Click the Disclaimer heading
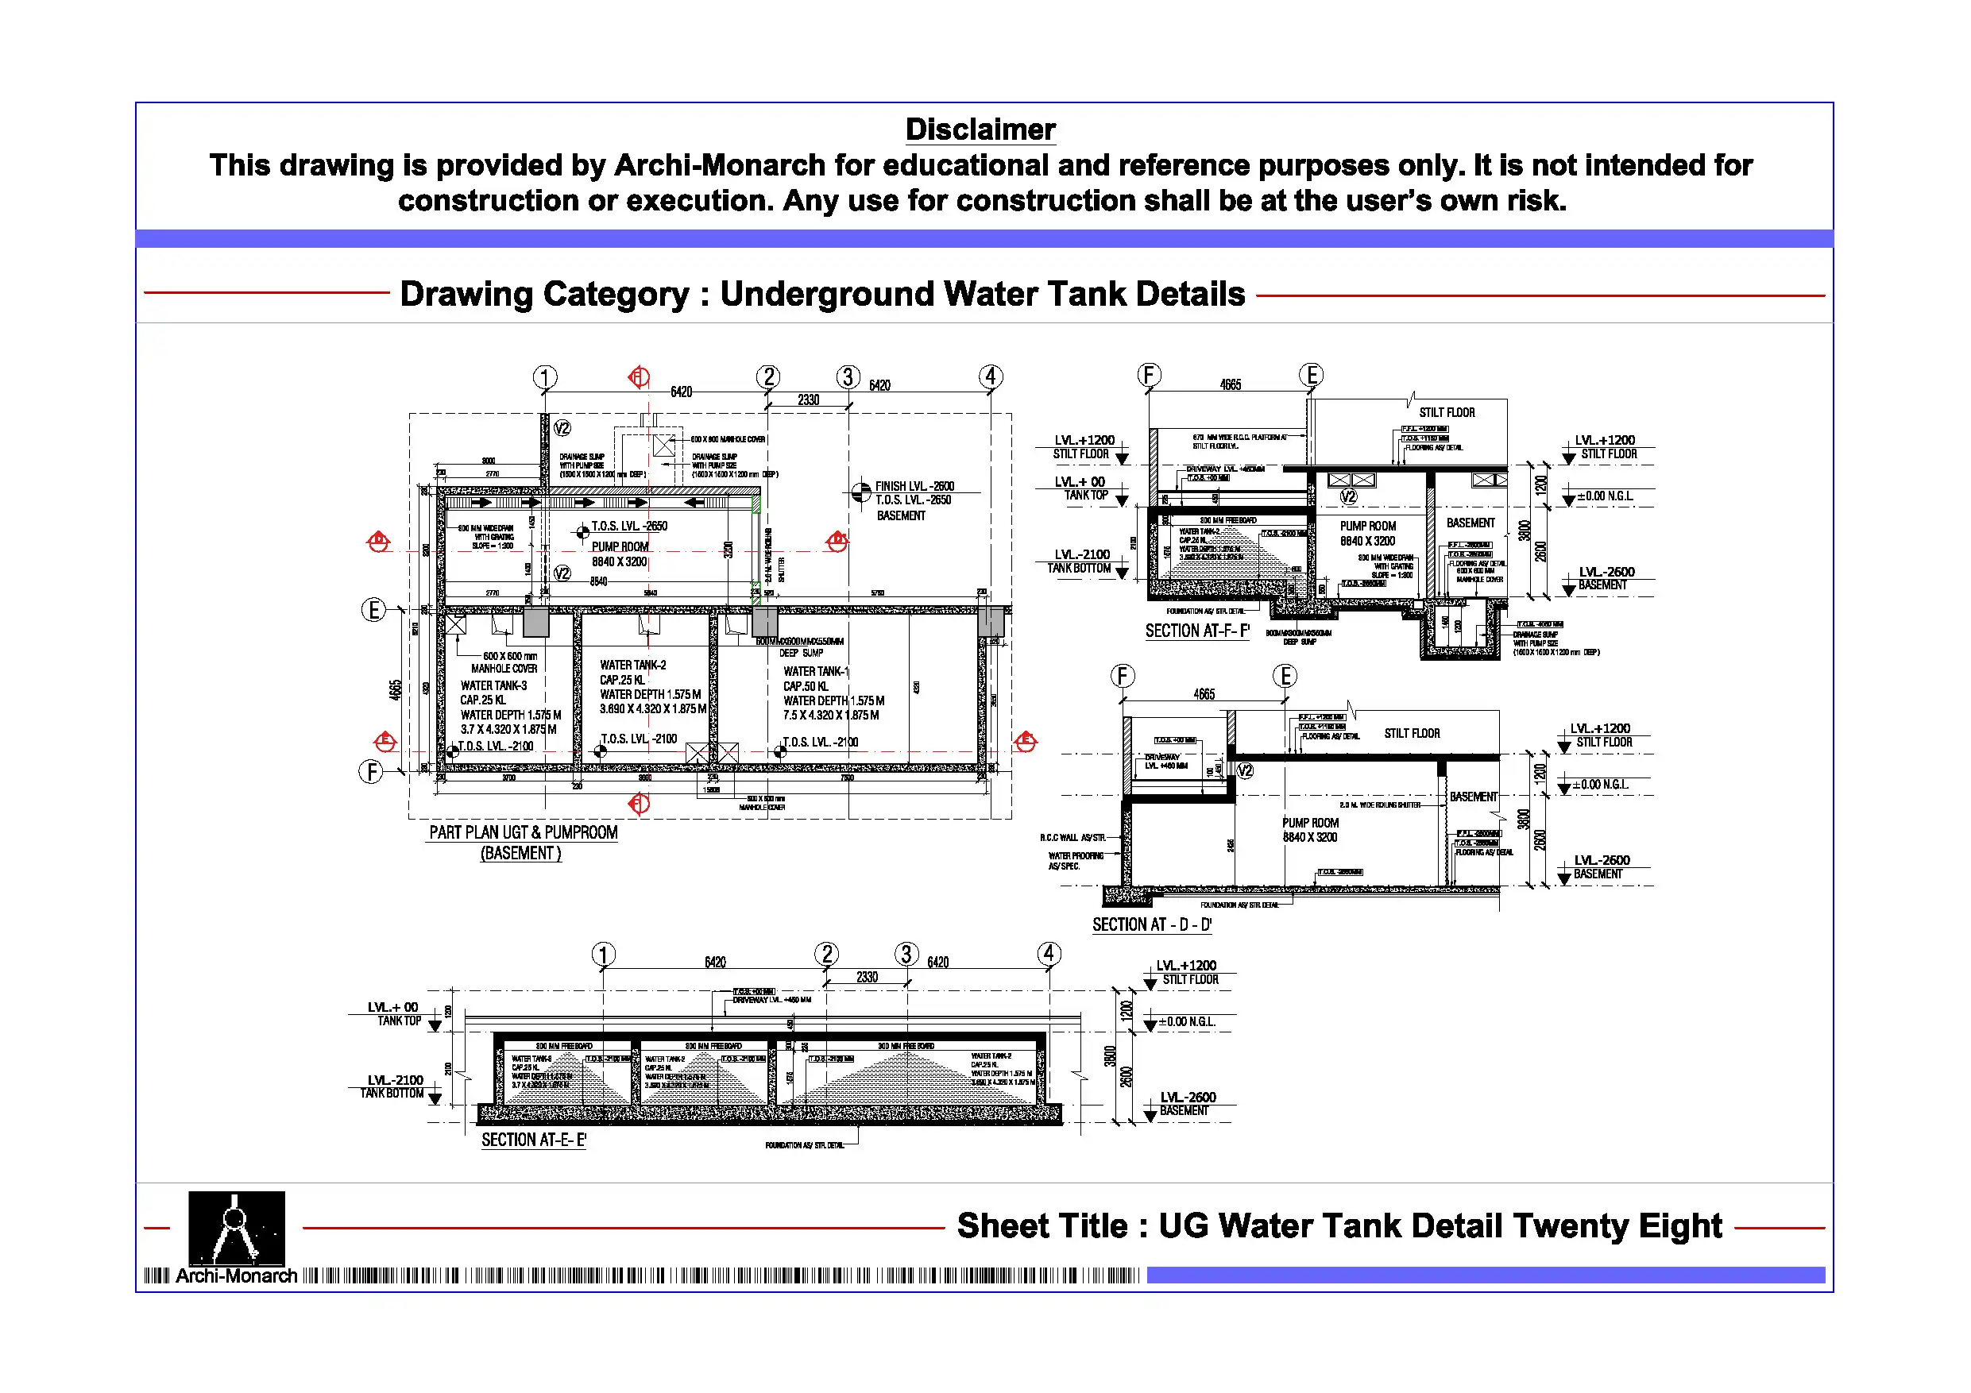point(980,129)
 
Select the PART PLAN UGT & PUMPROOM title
point(523,832)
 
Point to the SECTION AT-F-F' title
point(1196,631)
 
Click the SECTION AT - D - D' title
point(1151,924)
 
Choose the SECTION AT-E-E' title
point(533,1140)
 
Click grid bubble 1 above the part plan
point(545,376)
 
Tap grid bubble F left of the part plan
point(370,772)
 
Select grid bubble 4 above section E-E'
point(1048,954)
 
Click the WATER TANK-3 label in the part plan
point(493,685)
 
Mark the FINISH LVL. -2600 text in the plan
point(914,486)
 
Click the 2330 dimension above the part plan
point(808,400)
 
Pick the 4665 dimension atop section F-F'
point(1230,384)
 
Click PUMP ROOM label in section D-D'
point(1310,823)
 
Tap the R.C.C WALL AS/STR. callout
point(1072,838)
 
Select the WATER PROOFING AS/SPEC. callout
point(1075,861)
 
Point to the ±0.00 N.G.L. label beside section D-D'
point(1599,785)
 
